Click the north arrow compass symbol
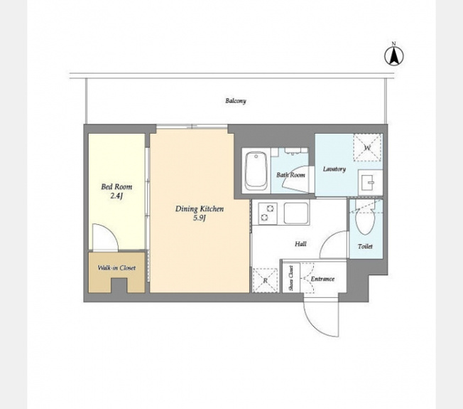pos(393,55)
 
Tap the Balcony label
pos(236,101)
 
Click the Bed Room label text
pos(116,186)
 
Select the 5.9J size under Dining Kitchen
pos(200,218)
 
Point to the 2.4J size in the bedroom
pos(116,196)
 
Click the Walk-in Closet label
pos(116,268)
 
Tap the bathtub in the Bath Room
pos(256,171)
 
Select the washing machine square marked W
pos(367,147)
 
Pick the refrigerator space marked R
pos(265,280)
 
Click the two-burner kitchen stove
pos(267,213)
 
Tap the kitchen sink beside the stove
pos(296,213)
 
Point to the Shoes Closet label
pos(291,278)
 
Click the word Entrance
pos(322,279)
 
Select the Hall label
pos(300,244)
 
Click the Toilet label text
pos(365,246)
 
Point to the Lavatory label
pos(334,169)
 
